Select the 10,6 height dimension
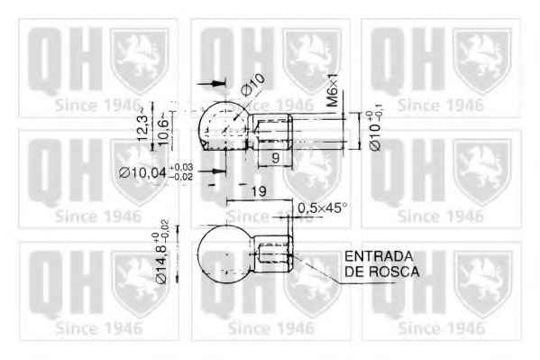tap(162, 123)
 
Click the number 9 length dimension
tap(272, 156)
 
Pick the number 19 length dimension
tap(258, 192)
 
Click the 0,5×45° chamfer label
tap(322, 208)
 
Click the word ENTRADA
tap(378, 255)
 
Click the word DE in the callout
tap(354, 270)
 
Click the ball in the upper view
tap(223, 125)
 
